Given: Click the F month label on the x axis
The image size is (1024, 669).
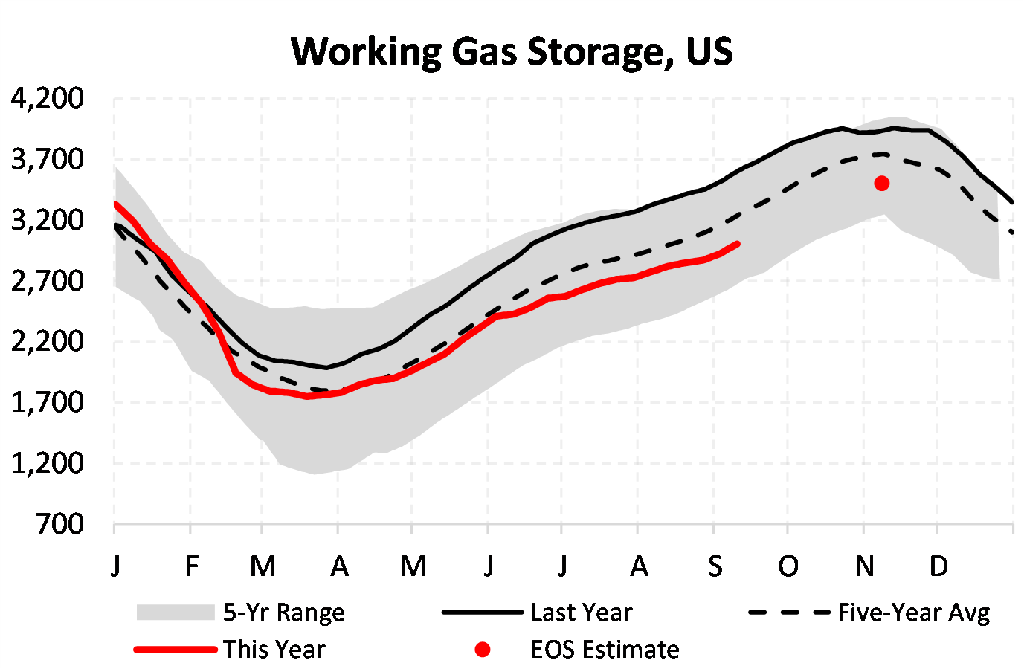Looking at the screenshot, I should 191,567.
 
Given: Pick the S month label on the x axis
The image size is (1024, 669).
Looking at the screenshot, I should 715,567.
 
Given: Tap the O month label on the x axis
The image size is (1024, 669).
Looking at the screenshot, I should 788,567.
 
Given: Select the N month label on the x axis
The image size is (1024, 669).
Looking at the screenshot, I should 864,567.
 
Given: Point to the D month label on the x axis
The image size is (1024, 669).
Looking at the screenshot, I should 939,567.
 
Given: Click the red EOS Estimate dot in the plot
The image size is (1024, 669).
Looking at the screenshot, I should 882,183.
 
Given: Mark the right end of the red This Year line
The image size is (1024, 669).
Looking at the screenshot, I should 737,244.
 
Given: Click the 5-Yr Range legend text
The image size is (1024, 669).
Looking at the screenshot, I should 284,613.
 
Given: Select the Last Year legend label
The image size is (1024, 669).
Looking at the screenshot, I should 582,613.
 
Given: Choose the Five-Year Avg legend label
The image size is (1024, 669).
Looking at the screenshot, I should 914,613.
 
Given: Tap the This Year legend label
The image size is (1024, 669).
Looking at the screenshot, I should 274,650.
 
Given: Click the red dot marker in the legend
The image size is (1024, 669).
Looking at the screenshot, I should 483,650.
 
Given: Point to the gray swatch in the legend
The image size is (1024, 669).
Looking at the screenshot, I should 176,613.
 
